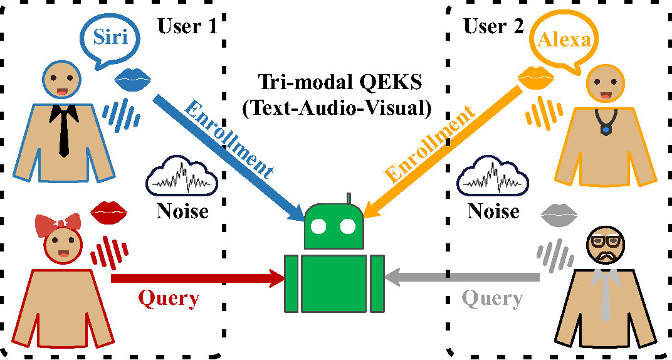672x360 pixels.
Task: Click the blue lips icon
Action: [x=134, y=79]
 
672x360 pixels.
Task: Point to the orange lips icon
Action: [x=537, y=78]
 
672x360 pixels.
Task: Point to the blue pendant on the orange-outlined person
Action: [x=606, y=130]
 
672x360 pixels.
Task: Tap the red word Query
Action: [x=169, y=298]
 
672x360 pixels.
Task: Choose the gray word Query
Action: [x=493, y=299]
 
